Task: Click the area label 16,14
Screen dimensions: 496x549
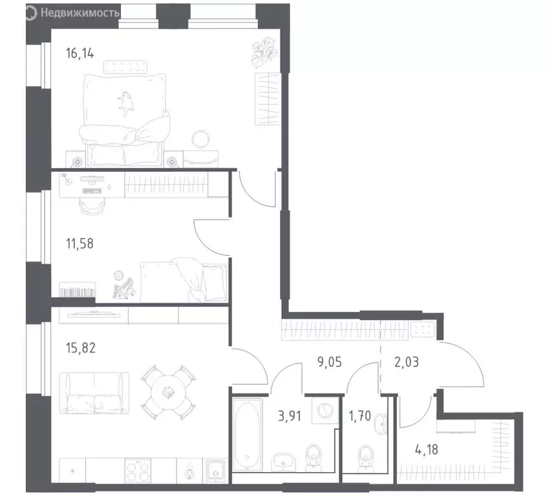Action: (80, 54)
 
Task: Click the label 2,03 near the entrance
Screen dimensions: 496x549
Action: (406, 362)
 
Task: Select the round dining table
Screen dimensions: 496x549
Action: (167, 391)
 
